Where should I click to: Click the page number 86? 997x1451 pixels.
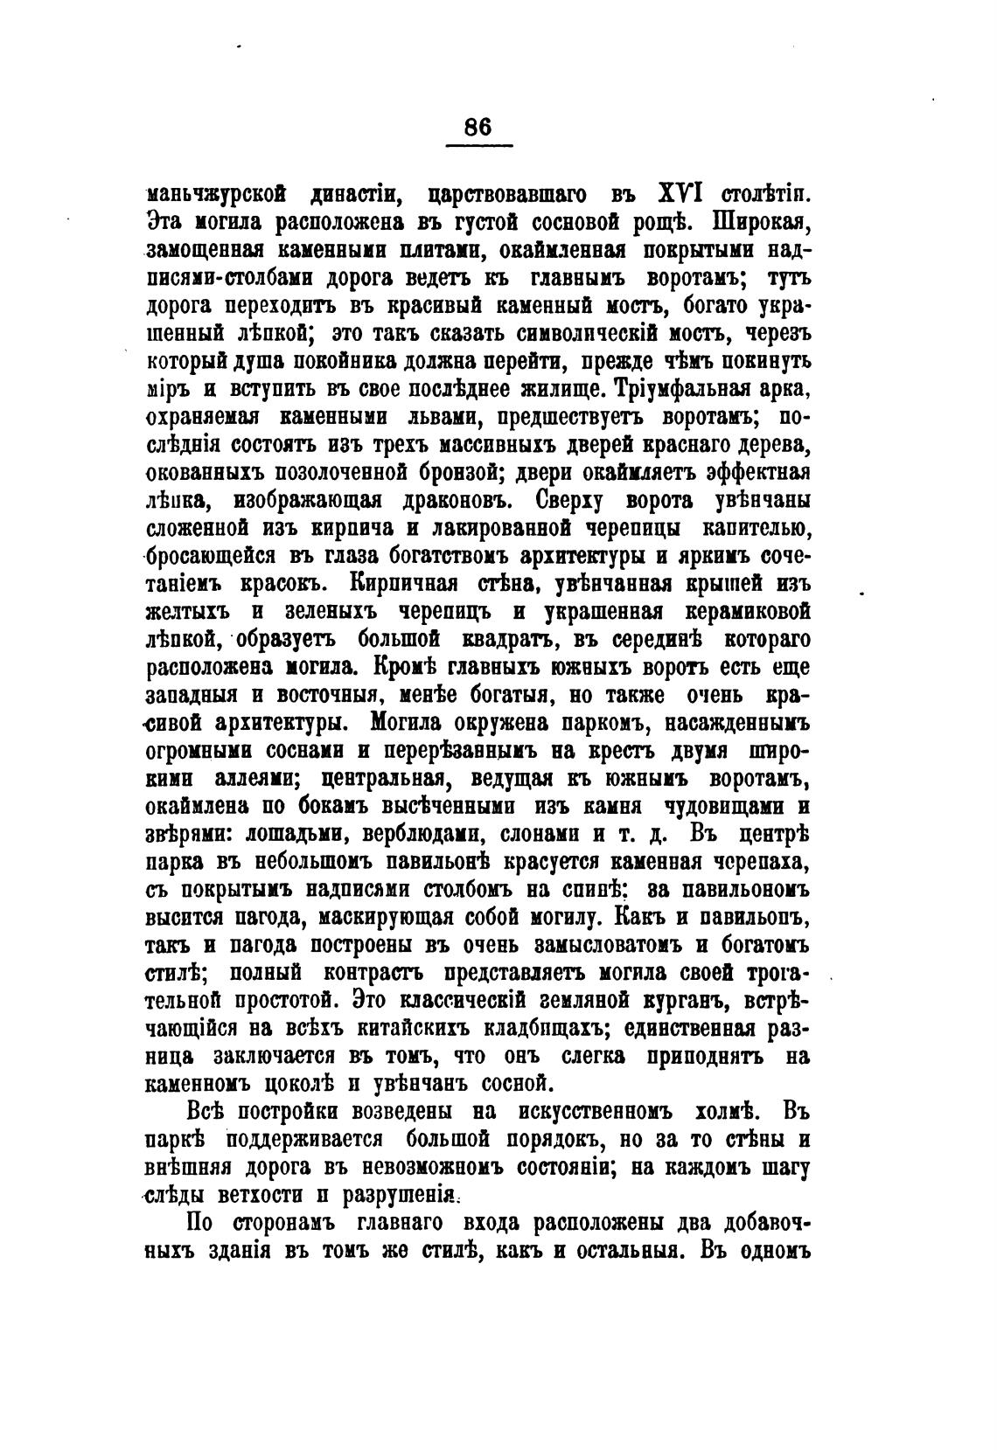tap(478, 126)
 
